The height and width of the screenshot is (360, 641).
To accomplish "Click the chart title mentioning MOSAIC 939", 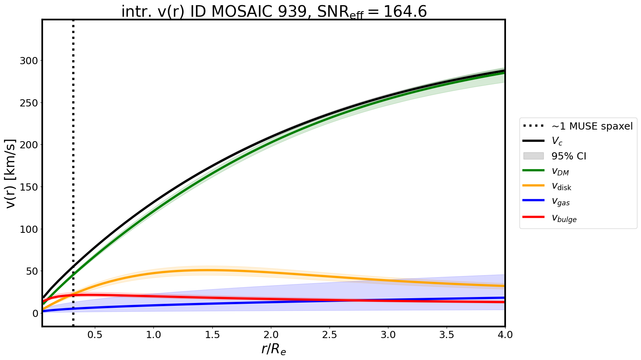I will coord(274,12).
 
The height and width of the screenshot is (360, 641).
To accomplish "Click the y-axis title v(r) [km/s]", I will coord(11,173).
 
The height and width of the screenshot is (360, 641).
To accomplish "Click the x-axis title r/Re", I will coord(274,349).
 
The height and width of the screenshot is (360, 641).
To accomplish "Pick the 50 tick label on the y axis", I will coord(31,271).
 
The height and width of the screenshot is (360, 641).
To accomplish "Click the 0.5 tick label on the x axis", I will coord(95,335).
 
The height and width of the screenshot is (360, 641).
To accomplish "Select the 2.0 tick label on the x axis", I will coord(271,335).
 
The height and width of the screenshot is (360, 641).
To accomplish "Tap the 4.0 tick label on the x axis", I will coord(505,335).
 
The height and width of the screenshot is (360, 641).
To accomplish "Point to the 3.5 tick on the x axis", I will coord(447,335).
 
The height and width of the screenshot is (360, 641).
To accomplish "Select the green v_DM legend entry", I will coord(560,171).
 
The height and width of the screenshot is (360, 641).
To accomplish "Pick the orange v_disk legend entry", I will coord(561,186).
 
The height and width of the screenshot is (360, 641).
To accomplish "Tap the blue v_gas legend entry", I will coord(560,202).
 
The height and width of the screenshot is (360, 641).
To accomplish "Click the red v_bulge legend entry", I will coord(564,218).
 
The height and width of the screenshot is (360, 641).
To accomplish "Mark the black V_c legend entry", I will coord(557,141).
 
